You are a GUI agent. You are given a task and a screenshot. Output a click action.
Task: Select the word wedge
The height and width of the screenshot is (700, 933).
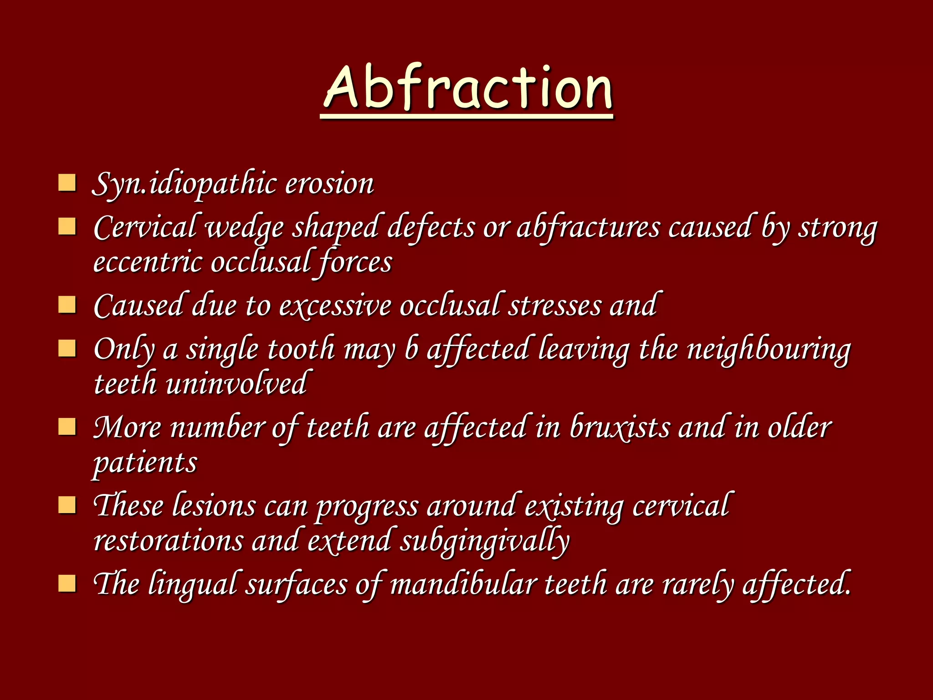coord(245,227)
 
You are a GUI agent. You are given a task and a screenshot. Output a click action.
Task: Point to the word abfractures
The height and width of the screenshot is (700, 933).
coord(588,227)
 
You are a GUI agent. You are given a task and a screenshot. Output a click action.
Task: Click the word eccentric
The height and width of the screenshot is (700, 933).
coord(147,262)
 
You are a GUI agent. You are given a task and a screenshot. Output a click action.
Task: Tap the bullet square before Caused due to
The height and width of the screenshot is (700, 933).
coord(67,304)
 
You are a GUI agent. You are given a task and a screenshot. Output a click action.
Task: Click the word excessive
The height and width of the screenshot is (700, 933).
coord(335,305)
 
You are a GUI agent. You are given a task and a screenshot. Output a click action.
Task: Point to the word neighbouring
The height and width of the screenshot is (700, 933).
coord(769,349)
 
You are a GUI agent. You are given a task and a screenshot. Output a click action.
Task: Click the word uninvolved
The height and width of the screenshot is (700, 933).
coord(236,384)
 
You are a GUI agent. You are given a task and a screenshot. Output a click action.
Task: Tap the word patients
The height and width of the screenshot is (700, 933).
coord(145,463)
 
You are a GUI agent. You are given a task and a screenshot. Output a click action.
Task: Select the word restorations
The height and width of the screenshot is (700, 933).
coord(168,541)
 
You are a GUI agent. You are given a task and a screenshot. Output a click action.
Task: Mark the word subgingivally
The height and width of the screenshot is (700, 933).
coord(485,541)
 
